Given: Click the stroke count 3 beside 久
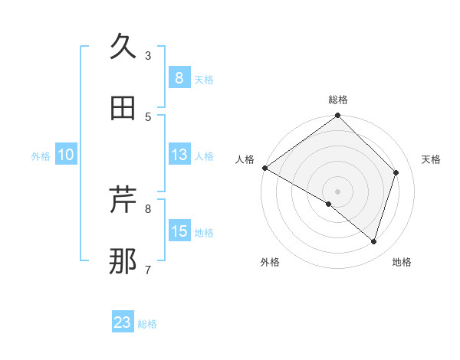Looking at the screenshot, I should [x=148, y=56].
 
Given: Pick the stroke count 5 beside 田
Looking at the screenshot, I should [x=148, y=117].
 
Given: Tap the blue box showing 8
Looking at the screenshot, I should [x=179, y=78].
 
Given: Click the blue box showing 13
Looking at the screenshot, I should [x=179, y=155].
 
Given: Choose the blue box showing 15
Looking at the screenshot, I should [x=179, y=231].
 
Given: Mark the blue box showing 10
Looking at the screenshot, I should [x=65, y=155].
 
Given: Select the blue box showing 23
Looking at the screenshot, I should [x=123, y=322].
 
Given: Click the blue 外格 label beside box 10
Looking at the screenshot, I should [x=41, y=155].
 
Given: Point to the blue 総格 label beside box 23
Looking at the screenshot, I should [x=147, y=324].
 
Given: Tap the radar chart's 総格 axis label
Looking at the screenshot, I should [x=338, y=100].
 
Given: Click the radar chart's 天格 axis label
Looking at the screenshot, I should [x=432, y=159].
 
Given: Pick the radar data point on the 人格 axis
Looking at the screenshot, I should [x=264, y=168].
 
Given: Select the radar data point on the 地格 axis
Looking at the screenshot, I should [x=373, y=241].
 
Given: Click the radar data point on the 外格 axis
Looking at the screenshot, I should [x=329, y=204].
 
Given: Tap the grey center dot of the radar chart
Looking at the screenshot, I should [x=338, y=191].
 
